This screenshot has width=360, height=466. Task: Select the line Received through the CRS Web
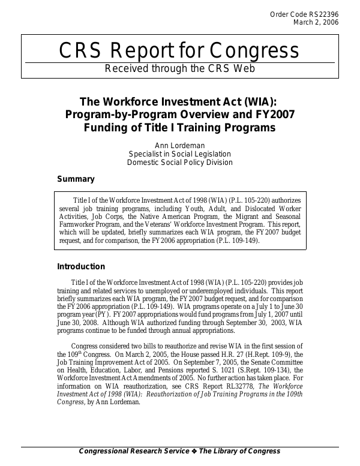(x=180, y=68)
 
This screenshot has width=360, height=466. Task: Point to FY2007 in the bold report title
(x=268, y=115)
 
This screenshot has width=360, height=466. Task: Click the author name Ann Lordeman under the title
(x=180, y=145)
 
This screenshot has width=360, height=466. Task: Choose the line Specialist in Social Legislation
(x=180, y=154)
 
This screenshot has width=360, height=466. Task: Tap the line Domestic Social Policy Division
(x=180, y=162)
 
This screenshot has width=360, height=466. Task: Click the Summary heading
(x=76, y=179)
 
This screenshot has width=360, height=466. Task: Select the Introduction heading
(x=81, y=267)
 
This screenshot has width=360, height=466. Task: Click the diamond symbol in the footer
(x=193, y=451)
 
